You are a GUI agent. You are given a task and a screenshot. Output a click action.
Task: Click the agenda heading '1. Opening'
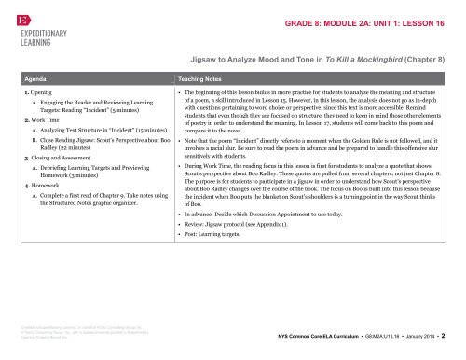[38, 96]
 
